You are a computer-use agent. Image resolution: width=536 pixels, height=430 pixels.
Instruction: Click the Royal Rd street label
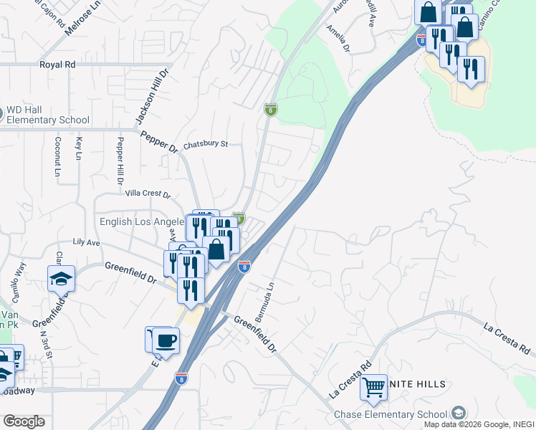point(57,64)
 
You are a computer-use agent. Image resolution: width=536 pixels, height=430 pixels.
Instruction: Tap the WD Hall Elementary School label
point(48,115)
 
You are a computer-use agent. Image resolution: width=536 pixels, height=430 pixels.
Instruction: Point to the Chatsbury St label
point(205,144)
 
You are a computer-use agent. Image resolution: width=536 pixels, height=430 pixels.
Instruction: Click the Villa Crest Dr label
point(148,193)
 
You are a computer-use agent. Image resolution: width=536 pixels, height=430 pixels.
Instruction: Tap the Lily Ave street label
point(86,243)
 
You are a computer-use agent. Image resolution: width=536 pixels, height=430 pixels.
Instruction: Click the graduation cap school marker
point(62,278)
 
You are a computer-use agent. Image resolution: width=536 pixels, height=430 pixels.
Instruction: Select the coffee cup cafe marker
point(166,340)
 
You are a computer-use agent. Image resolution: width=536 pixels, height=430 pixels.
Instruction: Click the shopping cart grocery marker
point(374,387)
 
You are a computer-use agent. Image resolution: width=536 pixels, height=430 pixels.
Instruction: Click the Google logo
point(24,421)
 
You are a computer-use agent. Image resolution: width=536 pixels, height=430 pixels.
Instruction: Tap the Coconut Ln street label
point(57,156)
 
